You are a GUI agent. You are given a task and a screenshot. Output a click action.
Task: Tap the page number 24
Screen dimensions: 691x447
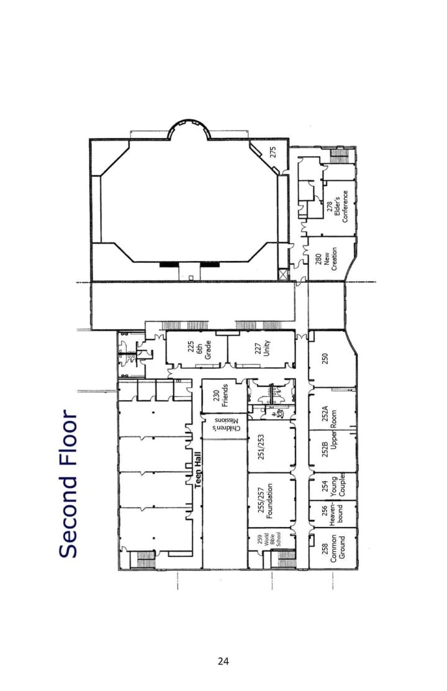[x=223, y=661]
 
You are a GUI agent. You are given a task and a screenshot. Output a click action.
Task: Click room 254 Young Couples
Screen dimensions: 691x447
[x=333, y=487]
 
